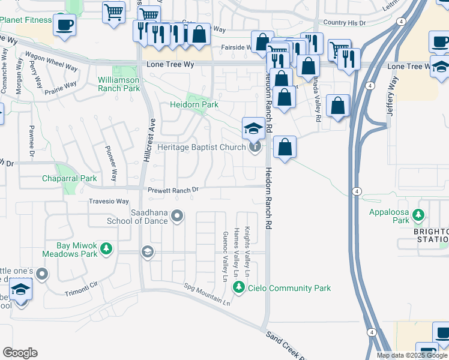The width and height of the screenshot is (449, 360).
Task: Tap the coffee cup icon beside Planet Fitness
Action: tap(64, 25)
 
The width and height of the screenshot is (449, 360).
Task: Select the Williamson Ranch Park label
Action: tap(119, 84)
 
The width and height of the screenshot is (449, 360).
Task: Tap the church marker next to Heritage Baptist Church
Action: tap(255, 147)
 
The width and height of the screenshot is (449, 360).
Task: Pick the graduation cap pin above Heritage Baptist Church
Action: tap(253, 128)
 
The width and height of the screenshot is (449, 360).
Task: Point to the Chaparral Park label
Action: tap(69, 178)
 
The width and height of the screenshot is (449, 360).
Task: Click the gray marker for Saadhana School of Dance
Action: tap(177, 215)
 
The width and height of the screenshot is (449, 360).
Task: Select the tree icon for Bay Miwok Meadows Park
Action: tap(106, 248)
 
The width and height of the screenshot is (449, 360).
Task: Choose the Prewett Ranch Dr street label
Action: tap(173, 190)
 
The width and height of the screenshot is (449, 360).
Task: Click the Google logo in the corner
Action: tap(20, 353)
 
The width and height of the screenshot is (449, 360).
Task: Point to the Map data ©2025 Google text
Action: tap(412, 355)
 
